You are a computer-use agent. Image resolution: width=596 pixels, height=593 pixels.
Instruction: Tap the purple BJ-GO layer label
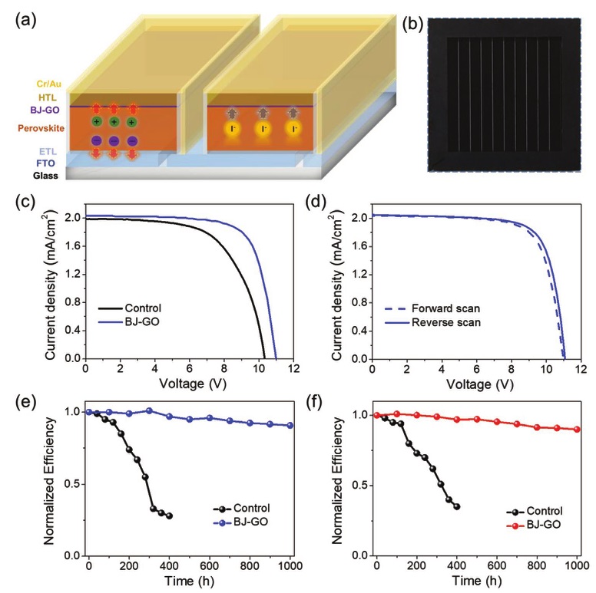[46, 109]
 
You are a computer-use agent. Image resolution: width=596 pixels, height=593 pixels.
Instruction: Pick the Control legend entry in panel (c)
[143, 308]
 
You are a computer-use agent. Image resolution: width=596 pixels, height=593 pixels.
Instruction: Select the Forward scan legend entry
[437, 308]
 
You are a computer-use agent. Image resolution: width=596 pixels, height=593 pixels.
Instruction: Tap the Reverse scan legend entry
[437, 322]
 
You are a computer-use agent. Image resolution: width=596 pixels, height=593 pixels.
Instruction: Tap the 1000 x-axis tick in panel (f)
[577, 566]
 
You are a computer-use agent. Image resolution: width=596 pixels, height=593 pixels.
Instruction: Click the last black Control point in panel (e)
[169, 516]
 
